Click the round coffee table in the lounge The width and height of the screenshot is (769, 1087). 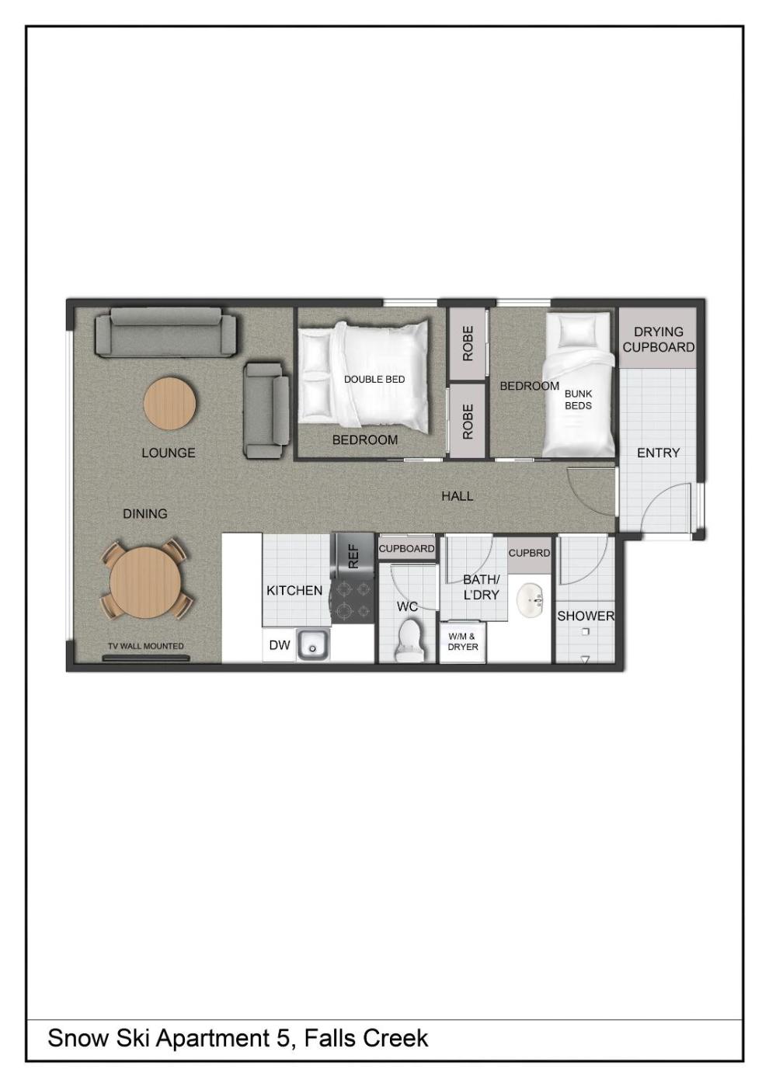(170, 403)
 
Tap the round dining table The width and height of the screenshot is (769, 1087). (146, 582)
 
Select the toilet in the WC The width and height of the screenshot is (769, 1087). (409, 640)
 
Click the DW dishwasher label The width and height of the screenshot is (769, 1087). (280, 644)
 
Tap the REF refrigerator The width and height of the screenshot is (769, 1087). (353, 556)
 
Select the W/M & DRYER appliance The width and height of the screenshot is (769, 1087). (462, 643)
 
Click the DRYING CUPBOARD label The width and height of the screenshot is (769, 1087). (659, 340)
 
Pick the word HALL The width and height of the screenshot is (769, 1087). (457, 496)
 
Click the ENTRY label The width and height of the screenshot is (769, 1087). (658, 453)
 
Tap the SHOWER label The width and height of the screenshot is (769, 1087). (586, 616)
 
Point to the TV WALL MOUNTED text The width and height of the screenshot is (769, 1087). (146, 646)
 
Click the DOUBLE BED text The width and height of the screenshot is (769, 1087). (374, 380)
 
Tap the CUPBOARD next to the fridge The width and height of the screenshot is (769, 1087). (406, 549)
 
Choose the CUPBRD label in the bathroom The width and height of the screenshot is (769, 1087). (529, 553)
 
